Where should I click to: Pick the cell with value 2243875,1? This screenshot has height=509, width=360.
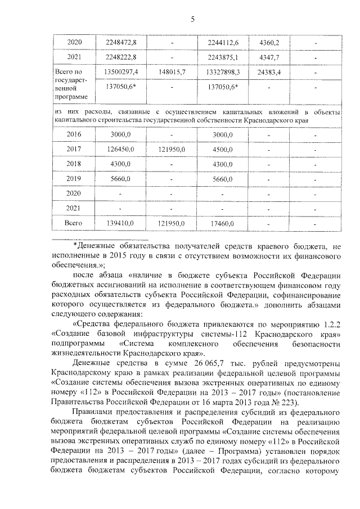click(223, 57)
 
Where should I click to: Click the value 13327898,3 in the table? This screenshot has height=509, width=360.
click(223, 73)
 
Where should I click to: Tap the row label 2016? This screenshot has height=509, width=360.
click(74, 134)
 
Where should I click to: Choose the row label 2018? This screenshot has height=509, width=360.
click(74, 164)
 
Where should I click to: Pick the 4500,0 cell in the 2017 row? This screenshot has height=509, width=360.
click(223, 149)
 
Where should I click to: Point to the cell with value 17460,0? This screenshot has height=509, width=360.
click(223, 223)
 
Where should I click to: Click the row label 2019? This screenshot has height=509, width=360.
click(74, 179)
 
